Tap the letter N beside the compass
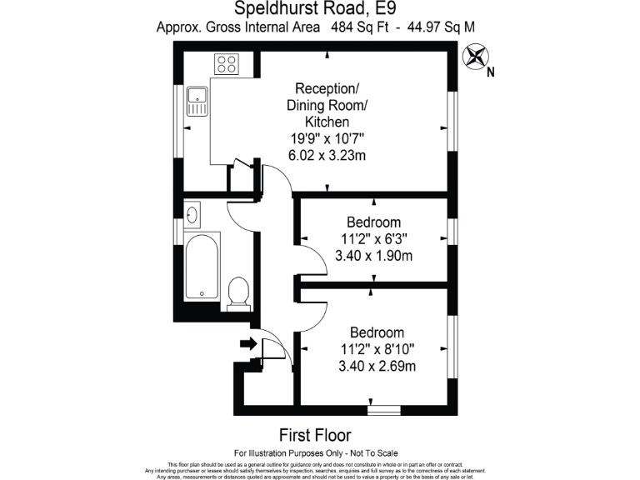coord(491,72)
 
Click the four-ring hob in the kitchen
coord(226,63)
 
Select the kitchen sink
coord(197,100)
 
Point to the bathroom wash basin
coord(191,215)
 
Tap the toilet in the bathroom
coord(237,292)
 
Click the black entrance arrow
coord(247,342)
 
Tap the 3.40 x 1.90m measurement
coord(373,255)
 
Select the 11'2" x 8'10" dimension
coord(377,348)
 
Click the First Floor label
coord(314,435)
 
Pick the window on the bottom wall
coord(384,411)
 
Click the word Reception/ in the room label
coord(327,88)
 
